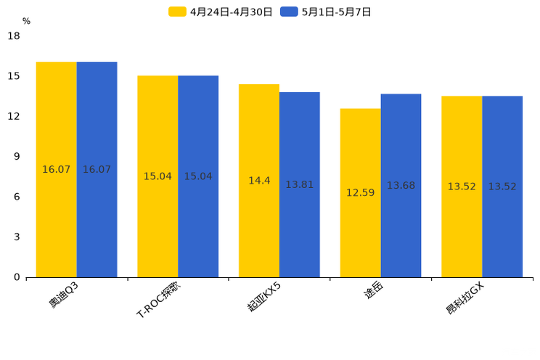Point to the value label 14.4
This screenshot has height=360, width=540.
pyautogui.click(x=259, y=181)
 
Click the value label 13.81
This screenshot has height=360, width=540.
pyautogui.click(x=299, y=185)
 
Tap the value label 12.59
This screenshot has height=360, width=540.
pyautogui.click(x=360, y=193)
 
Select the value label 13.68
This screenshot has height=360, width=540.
pyautogui.click(x=401, y=186)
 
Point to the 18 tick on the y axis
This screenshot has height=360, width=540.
pyautogui.click(x=14, y=36)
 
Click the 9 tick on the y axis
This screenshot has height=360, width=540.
pyautogui.click(x=17, y=157)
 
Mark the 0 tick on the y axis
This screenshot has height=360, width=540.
pyautogui.click(x=17, y=277)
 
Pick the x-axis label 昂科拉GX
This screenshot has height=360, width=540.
pyautogui.click(x=465, y=298)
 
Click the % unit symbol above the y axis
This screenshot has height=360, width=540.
pyautogui.click(x=26, y=22)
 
